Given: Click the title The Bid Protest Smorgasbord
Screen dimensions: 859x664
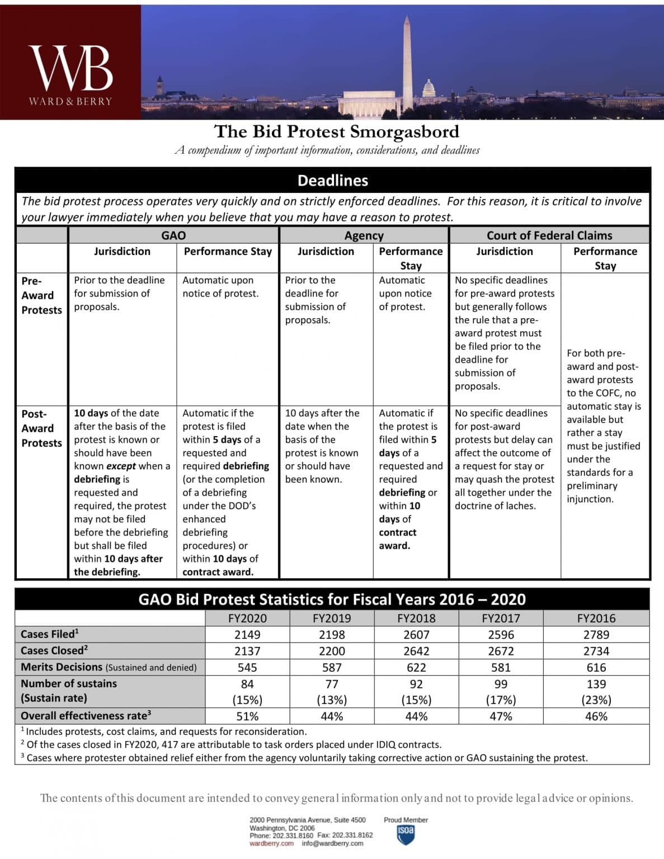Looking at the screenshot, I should (336, 131).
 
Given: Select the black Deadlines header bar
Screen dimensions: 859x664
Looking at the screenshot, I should (332, 180).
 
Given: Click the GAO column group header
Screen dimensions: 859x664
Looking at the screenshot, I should (173, 235).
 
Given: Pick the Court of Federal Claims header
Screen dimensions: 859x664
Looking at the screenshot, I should (549, 235).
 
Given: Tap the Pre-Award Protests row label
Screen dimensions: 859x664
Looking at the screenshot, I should (41, 295).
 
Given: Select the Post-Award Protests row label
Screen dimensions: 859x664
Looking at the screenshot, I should (41, 428).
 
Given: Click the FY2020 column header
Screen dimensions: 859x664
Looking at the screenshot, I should (247, 618).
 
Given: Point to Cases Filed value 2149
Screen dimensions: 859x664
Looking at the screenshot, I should (247, 635).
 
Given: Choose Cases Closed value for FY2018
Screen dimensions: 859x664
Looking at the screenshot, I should (416, 651).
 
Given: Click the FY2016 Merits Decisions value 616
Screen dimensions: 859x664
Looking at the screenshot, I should (596, 667).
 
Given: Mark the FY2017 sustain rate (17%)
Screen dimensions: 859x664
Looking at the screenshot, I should (501, 700).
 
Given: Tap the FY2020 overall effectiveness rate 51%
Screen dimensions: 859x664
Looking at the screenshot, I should (247, 716).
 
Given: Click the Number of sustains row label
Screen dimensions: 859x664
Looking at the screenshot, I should (68, 683).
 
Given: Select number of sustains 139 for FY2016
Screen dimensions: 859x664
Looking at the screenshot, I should (596, 684).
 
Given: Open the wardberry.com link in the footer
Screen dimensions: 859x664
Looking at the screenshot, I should (271, 843).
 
